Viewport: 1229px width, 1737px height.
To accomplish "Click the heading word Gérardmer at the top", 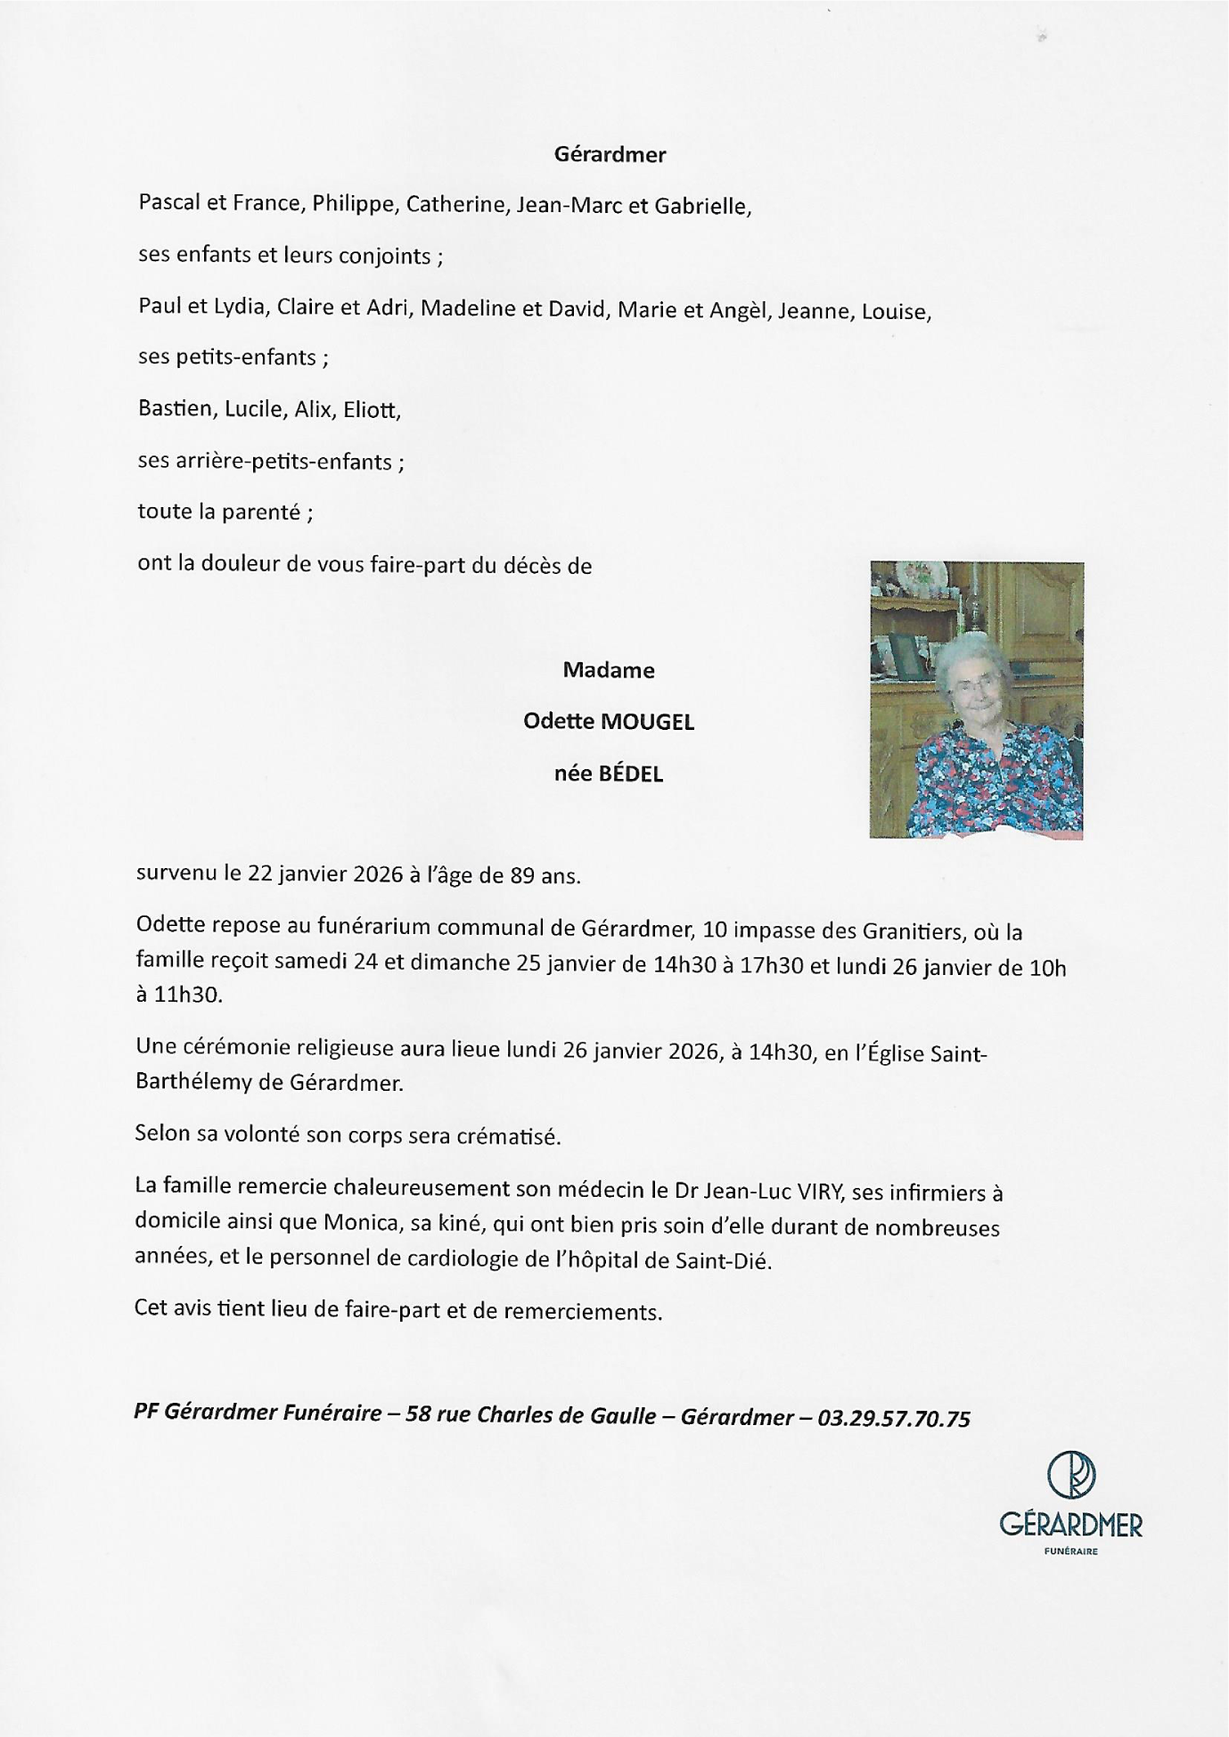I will [x=610, y=154].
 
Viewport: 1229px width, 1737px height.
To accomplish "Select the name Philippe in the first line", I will [x=353, y=204].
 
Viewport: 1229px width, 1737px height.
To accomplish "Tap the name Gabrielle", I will [x=703, y=206].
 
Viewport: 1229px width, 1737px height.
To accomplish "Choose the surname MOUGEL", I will [x=647, y=722].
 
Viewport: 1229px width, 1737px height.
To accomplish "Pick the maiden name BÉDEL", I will [x=631, y=774].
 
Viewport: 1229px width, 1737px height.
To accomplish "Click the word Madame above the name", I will [x=609, y=670].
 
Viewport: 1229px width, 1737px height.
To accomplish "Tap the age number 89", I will [x=521, y=875].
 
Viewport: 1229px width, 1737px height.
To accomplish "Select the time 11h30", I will [x=188, y=995].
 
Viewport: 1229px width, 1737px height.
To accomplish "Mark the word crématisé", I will [x=508, y=1136].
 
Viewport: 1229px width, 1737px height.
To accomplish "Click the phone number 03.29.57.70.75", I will [x=893, y=1419].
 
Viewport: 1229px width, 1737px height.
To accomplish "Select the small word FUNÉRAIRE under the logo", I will [x=1071, y=1552].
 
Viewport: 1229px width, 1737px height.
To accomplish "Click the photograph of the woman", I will [x=977, y=700].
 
